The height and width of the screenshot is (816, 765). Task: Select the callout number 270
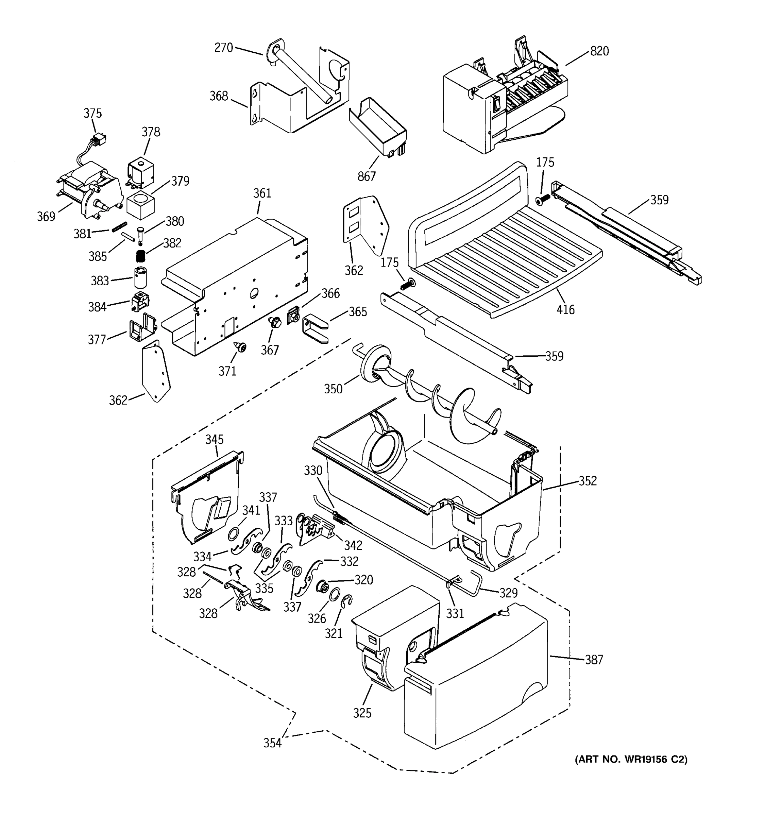pos(224,48)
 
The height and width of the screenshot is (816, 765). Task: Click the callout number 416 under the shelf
pos(565,309)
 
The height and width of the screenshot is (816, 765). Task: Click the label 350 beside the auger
pos(333,389)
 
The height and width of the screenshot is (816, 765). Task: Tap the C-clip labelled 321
pos(347,602)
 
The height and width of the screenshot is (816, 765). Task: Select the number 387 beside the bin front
pos(594,660)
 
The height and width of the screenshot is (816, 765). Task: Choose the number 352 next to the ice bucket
pos(588,481)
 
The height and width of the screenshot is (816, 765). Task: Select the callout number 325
pos(362,713)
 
